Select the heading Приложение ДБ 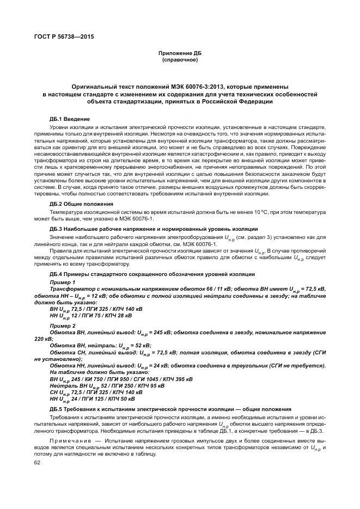pos(180,53)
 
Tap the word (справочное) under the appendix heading pos(180,60)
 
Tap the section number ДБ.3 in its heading pos(57,229)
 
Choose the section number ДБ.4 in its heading pos(57,274)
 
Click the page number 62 pos(38,462)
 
